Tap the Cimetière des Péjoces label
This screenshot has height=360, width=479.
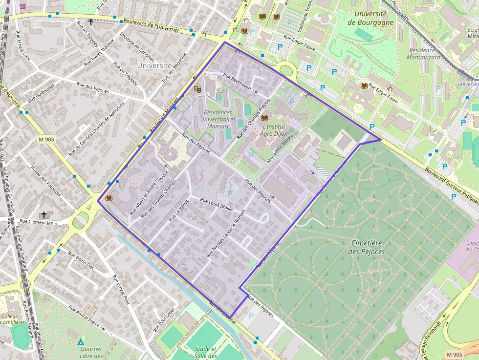368,247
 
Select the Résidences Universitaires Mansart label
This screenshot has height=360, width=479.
218,119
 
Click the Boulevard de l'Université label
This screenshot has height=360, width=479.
152,25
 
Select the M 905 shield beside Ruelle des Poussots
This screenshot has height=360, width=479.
46,140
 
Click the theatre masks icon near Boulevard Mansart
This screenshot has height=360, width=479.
197,89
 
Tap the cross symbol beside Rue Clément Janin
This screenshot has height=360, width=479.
44,215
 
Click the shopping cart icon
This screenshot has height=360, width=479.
23,6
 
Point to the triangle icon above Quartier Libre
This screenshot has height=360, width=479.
81,341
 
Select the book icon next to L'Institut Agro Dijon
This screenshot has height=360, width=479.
264,118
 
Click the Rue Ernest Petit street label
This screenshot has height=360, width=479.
120,289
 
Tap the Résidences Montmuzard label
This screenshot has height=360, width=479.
423,54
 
